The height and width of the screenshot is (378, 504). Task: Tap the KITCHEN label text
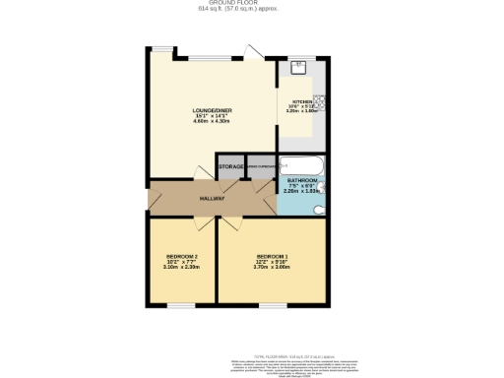point(299,101)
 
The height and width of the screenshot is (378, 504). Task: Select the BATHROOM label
point(301,180)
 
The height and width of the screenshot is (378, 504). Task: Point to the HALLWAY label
point(214,199)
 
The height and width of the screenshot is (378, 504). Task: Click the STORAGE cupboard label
point(231,167)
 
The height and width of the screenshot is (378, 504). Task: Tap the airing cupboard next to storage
point(261,167)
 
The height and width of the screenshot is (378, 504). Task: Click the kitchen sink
point(299,68)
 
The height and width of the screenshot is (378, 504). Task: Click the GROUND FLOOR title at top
point(252,3)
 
